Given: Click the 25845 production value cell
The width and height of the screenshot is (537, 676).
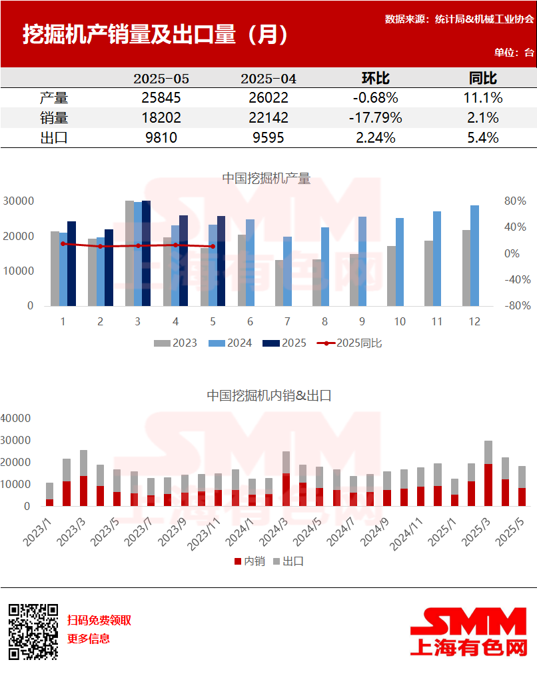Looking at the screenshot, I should (x=161, y=98).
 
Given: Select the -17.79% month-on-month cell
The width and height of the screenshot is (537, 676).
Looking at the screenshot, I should (x=375, y=118).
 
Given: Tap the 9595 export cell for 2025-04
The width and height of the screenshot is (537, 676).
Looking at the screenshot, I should (x=268, y=138).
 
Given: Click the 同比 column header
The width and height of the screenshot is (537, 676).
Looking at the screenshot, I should (x=483, y=78).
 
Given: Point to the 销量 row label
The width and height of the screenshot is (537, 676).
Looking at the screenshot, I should (x=54, y=118).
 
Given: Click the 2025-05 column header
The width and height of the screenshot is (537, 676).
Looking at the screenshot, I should (x=161, y=79).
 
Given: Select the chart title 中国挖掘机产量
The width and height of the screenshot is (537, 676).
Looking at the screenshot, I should (x=266, y=178).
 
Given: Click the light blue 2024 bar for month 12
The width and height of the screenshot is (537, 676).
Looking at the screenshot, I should (x=474, y=256).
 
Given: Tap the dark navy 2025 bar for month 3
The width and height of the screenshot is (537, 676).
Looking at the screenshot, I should (x=146, y=253).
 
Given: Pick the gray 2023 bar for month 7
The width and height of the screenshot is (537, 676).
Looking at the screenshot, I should (x=279, y=283).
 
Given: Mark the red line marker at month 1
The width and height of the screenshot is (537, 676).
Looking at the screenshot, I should (x=63, y=244).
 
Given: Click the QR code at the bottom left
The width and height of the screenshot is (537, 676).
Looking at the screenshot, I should (x=33, y=631).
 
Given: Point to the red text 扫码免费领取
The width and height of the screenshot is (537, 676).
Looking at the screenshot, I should (x=99, y=620).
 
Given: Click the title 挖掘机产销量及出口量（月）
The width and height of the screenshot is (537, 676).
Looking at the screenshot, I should (x=156, y=35).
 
